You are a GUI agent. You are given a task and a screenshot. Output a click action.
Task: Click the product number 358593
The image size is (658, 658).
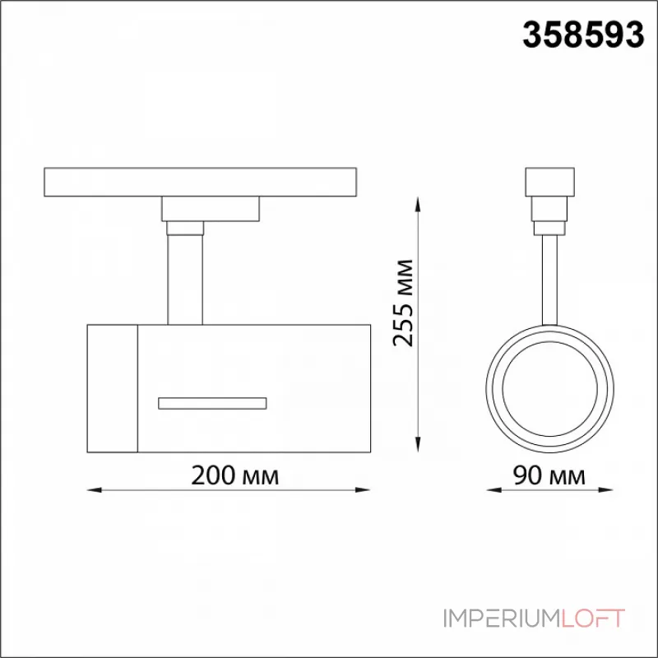583,35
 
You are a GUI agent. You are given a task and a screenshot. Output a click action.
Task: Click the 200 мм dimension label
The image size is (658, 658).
234,476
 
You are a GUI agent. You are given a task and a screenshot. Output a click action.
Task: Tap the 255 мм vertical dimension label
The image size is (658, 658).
403,303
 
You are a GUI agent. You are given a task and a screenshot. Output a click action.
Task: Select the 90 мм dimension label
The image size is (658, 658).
549,476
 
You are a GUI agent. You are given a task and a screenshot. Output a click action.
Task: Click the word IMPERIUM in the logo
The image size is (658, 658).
502,619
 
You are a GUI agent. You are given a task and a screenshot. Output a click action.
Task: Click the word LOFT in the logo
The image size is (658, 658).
593,619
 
